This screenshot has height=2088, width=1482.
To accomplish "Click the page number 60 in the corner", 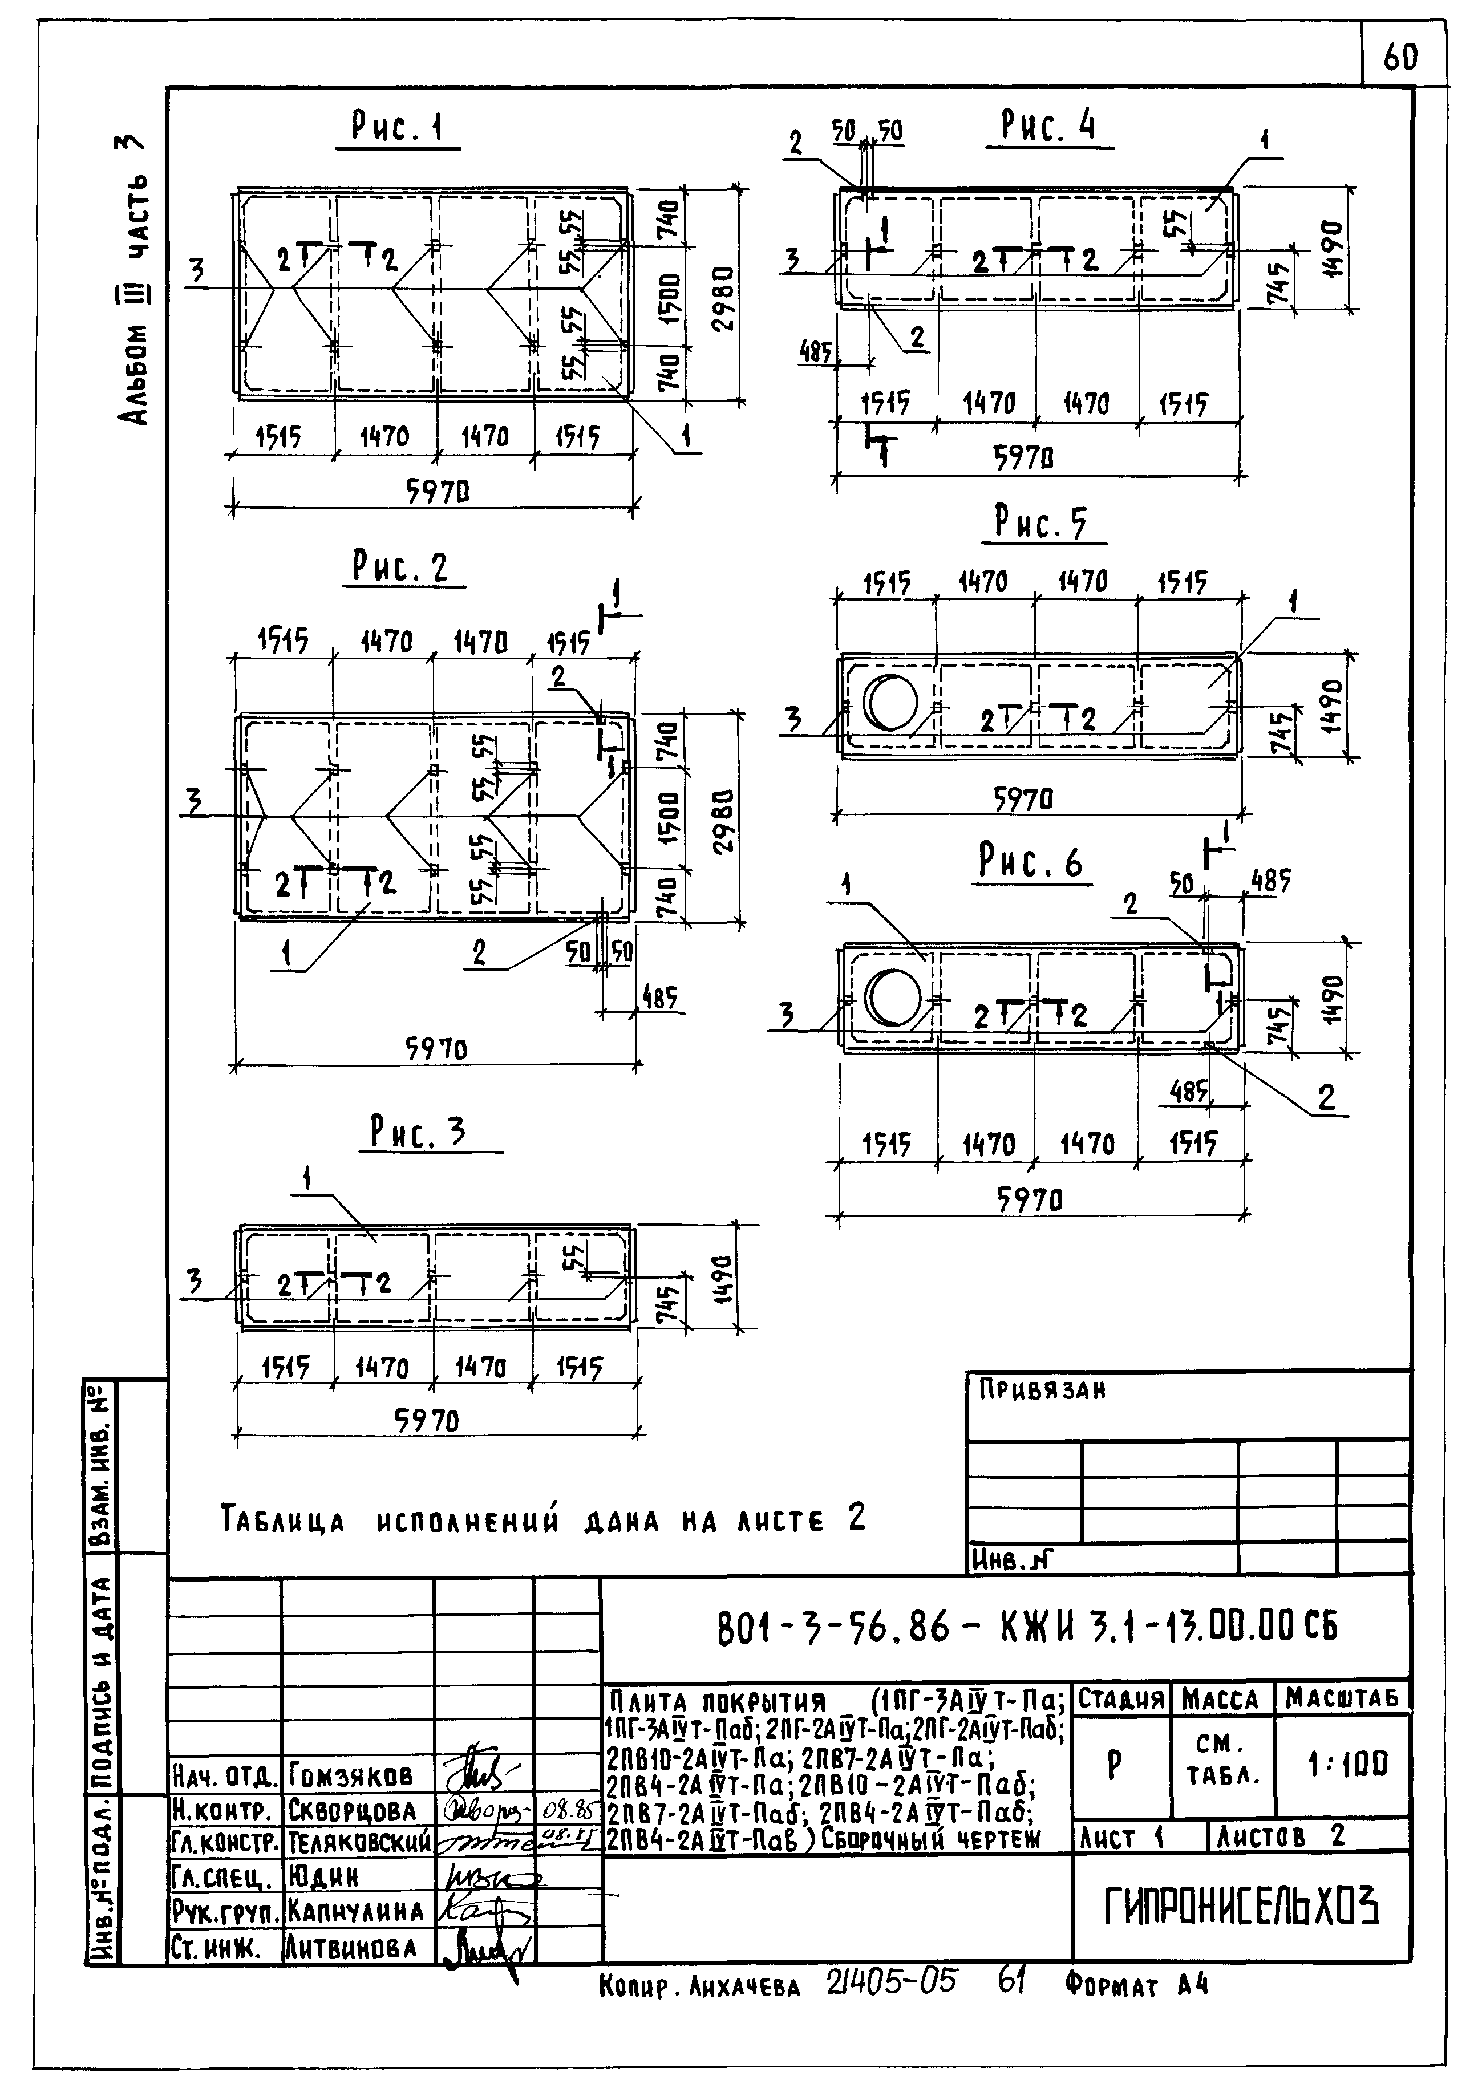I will pyautogui.click(x=1401, y=58).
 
